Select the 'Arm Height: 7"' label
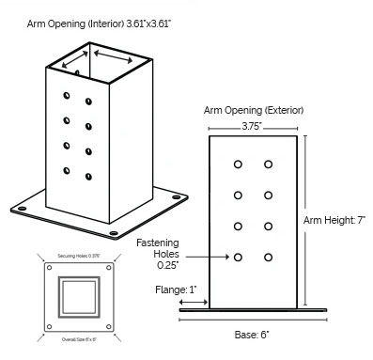(x=335, y=221)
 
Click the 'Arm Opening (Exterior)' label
(x=252, y=109)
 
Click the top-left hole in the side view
(x=239, y=165)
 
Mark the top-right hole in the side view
(x=269, y=165)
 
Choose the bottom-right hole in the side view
(x=269, y=256)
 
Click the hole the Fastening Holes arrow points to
(x=239, y=256)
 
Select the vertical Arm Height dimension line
(x=304, y=221)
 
